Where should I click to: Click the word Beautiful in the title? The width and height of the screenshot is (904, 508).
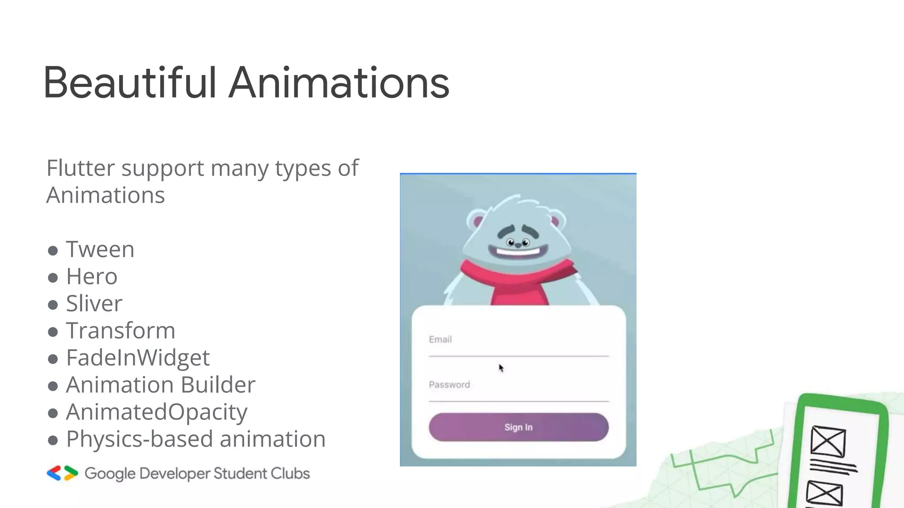pos(130,83)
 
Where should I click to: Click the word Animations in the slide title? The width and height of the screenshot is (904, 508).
pos(339,83)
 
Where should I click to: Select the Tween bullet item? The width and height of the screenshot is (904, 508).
pos(100,250)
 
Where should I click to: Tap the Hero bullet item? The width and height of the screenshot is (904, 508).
pos(92,277)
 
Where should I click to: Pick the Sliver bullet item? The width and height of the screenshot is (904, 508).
pos(94,304)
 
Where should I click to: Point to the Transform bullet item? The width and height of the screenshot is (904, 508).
pos(121,331)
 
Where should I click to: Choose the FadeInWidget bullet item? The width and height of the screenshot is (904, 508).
pos(138,358)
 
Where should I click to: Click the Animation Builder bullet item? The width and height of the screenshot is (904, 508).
pos(161,385)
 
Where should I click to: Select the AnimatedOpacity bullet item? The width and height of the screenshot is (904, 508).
pos(157,412)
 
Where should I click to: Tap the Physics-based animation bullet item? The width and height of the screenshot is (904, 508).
pos(196,439)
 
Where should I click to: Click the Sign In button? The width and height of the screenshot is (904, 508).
pos(519,427)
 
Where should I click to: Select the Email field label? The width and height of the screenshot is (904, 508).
pos(440,340)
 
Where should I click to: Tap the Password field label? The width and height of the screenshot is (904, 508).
pos(449,385)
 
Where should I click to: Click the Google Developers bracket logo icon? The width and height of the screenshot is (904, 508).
pos(62,473)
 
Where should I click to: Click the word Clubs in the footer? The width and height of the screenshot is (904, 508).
pos(290,474)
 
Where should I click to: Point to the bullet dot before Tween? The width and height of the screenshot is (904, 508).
pos(53,251)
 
